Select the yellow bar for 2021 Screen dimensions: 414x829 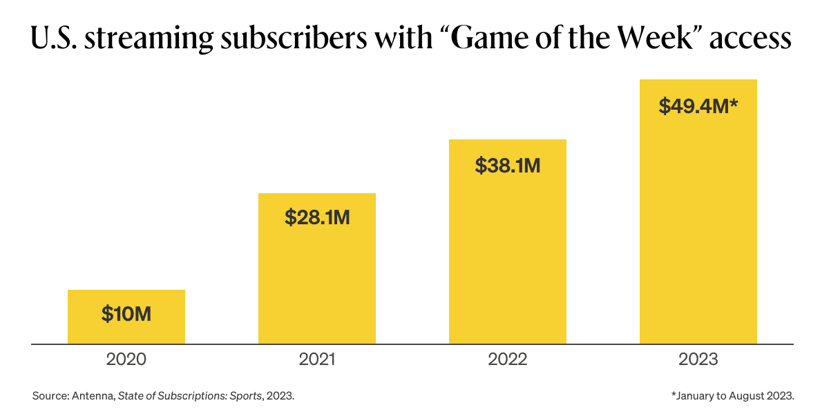point(317,276)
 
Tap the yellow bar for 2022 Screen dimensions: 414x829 point(508,248)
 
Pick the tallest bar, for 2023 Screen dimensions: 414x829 point(698,221)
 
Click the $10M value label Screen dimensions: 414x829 point(126,314)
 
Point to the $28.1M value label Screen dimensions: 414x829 point(317,217)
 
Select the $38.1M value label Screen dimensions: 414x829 point(508,166)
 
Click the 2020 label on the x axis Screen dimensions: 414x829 point(126,359)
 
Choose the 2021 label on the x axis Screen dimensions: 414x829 point(317,359)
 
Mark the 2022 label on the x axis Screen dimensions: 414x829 point(508,359)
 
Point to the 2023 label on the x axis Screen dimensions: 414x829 point(698,359)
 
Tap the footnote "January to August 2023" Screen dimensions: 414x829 point(733,396)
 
